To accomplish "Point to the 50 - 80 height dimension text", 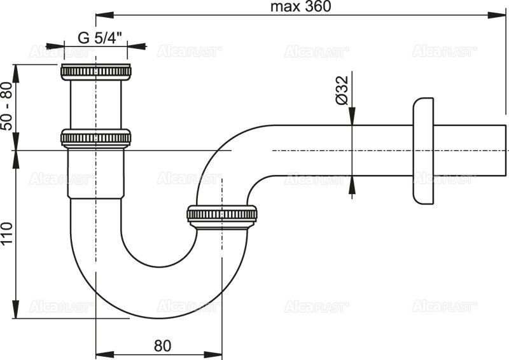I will (x=7, y=106).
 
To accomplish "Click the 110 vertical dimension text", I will (x=7, y=235).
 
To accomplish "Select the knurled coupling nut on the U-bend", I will (x=222, y=214).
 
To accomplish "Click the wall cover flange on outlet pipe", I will (x=423, y=150).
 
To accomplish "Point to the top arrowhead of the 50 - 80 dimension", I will (x=17, y=67).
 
